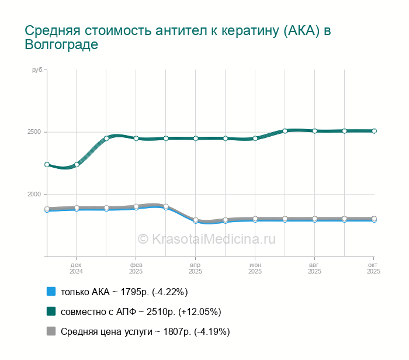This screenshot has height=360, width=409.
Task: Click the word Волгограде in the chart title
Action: (x=61, y=45)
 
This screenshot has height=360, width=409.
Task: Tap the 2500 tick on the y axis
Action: (x=34, y=131)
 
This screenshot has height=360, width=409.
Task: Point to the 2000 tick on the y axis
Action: (x=34, y=194)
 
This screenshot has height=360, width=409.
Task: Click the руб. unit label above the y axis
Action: (x=37, y=70)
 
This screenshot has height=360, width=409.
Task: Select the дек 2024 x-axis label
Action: (x=76, y=268)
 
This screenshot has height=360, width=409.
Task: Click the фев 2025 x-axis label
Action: (x=136, y=268)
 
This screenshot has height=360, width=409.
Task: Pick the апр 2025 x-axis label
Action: (x=195, y=268)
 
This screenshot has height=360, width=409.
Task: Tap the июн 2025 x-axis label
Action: (x=255, y=268)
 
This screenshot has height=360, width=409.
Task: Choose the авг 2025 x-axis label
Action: (x=314, y=268)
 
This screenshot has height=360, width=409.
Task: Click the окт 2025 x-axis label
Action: (x=373, y=268)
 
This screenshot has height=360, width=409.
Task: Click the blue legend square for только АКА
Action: (x=51, y=292)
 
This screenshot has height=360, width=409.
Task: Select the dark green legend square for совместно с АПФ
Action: (x=51, y=311)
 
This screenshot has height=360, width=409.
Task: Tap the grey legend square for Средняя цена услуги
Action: (x=51, y=331)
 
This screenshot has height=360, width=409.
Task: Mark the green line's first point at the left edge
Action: (x=47, y=165)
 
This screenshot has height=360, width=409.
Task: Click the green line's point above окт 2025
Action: (x=374, y=131)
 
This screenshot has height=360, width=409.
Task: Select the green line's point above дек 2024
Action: (x=77, y=164)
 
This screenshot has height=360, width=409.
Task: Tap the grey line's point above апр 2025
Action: (x=196, y=220)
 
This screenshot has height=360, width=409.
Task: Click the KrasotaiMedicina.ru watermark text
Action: (x=206, y=238)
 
